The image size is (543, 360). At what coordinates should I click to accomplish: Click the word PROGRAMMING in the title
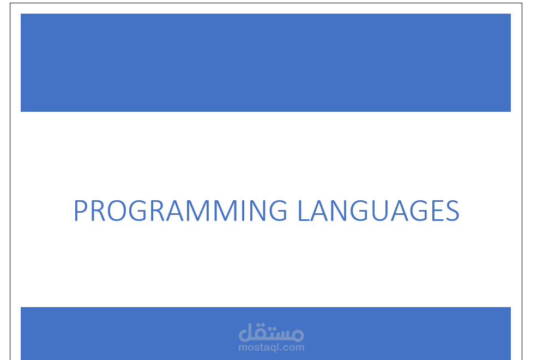click(180, 211)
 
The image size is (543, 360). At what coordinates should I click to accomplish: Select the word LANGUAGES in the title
click(378, 211)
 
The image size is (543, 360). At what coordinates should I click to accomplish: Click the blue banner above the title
click(266, 63)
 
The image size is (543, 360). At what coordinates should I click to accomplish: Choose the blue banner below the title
click(136, 333)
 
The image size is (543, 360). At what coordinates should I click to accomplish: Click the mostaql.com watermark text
click(271, 347)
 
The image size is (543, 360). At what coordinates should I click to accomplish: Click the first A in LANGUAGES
click(321, 211)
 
